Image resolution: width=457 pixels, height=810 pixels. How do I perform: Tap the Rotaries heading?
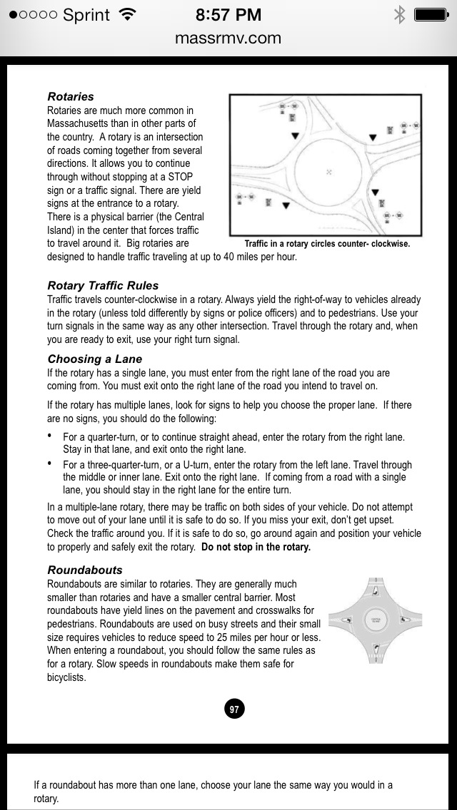point(71,96)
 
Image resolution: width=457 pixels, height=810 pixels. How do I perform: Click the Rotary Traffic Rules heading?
point(103,286)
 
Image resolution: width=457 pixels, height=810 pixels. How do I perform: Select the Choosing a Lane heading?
point(95,359)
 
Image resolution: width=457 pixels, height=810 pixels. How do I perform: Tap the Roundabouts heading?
point(85,570)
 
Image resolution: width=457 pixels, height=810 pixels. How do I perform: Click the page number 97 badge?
point(234,709)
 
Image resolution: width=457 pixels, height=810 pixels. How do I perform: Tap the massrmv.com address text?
point(228,39)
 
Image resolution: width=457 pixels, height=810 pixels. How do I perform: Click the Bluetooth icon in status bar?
point(399,15)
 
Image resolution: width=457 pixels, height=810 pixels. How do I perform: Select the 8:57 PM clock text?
point(228,15)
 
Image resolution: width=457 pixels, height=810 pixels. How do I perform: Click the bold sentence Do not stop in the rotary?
point(256,548)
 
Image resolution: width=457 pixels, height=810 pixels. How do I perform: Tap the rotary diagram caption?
point(327,244)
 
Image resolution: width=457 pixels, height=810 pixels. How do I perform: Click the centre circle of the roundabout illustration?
point(376,620)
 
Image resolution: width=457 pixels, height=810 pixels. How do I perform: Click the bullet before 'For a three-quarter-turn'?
point(50,463)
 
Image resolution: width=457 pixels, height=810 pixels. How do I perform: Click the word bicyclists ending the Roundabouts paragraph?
point(66,677)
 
